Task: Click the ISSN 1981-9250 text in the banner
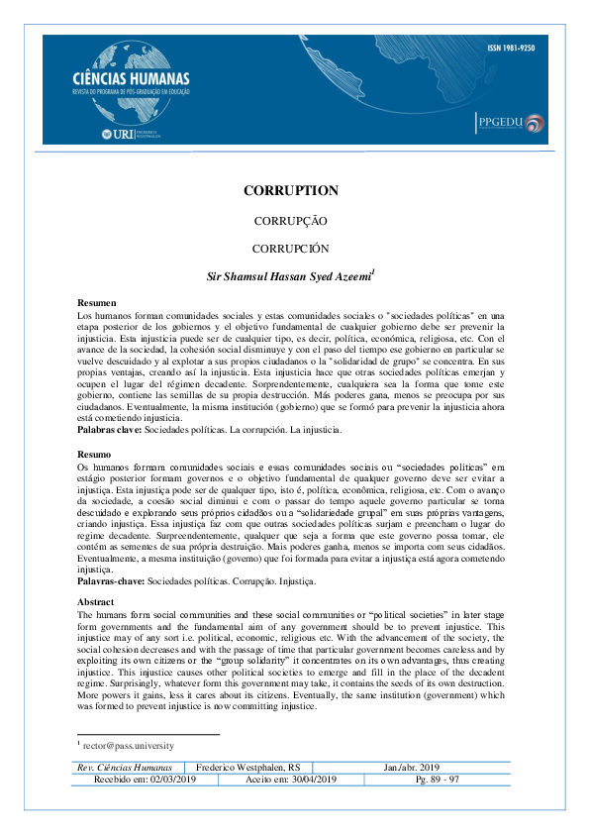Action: (x=512, y=48)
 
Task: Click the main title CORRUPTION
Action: (x=291, y=191)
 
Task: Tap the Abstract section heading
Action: (x=97, y=601)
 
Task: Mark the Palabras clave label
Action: (x=110, y=431)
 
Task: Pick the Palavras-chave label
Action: (x=112, y=583)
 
